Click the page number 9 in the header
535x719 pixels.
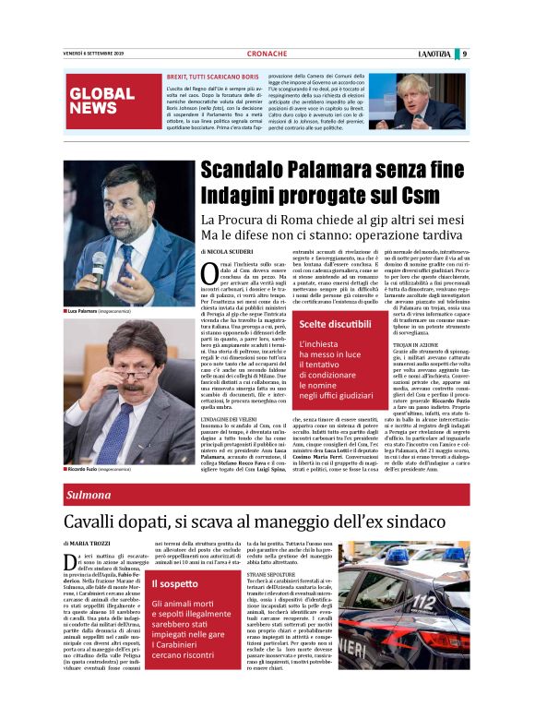(x=464, y=54)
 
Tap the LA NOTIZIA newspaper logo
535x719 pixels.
(x=434, y=54)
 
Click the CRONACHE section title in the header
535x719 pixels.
(x=267, y=54)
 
